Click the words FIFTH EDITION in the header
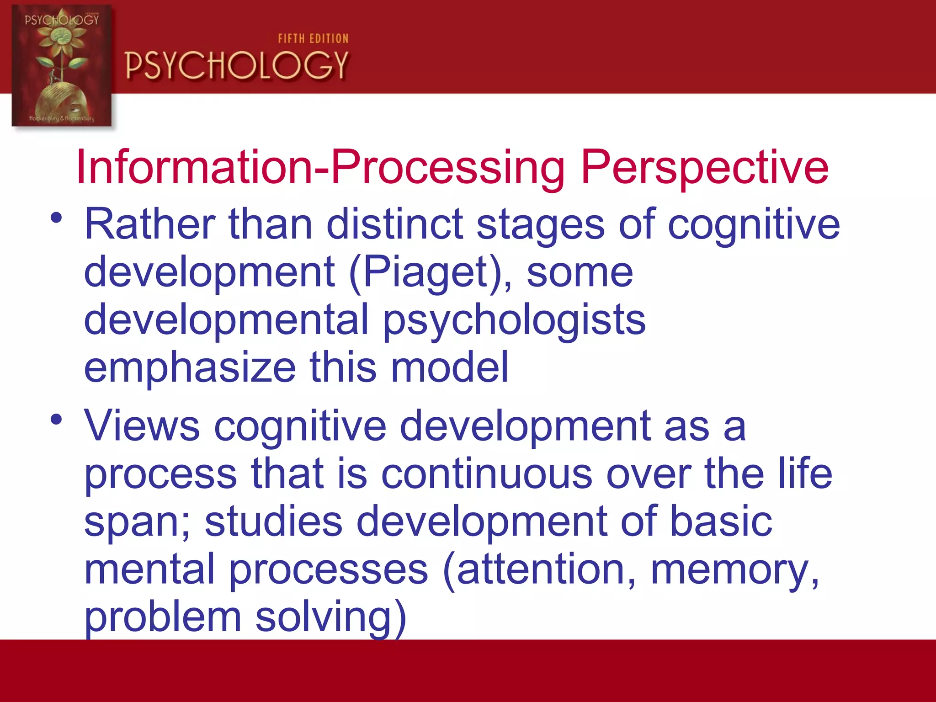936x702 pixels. click(x=313, y=38)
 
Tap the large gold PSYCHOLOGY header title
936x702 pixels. click(x=237, y=65)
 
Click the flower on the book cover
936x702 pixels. click(x=62, y=39)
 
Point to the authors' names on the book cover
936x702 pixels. click(x=62, y=118)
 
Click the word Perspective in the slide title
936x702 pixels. click(x=704, y=168)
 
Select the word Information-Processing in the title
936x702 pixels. click(x=320, y=167)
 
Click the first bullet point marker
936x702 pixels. click(x=56, y=218)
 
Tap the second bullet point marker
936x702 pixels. click(x=56, y=419)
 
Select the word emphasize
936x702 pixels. click(x=190, y=368)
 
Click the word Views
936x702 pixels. click(x=142, y=426)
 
